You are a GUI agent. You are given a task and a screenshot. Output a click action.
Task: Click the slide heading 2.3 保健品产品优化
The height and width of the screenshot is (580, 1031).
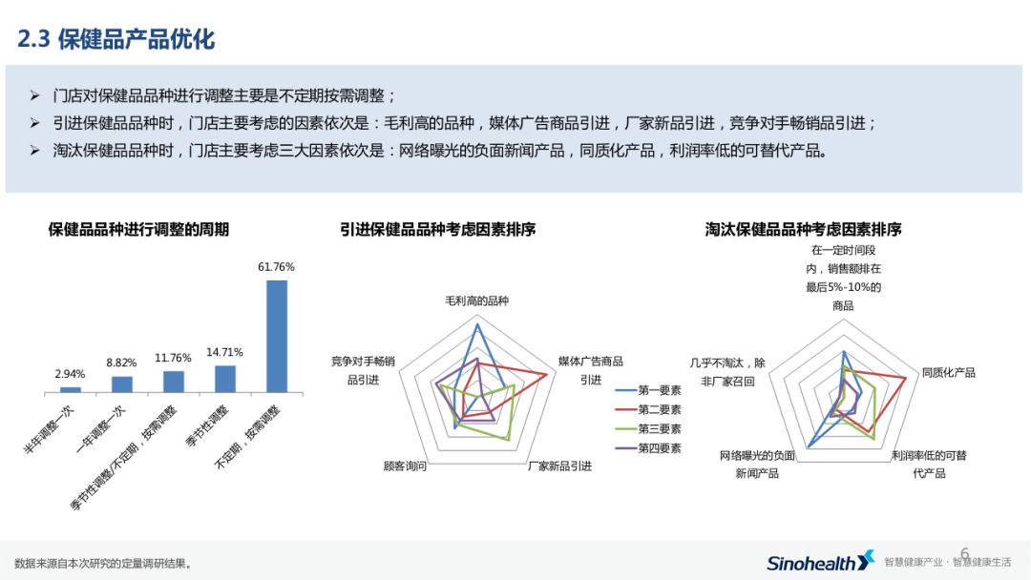pos(116,39)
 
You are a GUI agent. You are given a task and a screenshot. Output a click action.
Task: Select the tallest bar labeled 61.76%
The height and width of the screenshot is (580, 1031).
pos(276,336)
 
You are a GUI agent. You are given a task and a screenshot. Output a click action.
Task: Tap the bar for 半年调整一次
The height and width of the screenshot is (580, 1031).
pos(71,389)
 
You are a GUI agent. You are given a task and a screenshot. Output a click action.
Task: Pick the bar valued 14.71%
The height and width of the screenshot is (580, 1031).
pos(225,379)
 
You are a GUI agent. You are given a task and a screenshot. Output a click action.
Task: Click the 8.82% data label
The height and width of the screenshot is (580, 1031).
pos(121,362)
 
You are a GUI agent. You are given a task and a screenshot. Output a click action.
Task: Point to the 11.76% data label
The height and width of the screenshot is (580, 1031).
pos(173,358)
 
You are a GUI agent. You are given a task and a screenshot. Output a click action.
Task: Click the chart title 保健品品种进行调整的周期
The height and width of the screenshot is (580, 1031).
pos(138,229)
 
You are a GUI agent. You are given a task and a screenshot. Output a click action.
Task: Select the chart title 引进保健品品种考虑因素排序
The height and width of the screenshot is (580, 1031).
pos(438,229)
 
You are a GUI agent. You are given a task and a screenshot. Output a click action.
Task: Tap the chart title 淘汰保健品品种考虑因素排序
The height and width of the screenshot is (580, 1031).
pos(804,229)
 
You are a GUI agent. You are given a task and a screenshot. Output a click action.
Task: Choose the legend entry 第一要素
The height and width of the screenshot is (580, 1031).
pos(659,390)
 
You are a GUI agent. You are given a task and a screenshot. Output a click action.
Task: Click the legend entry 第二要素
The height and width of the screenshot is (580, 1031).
pos(659,409)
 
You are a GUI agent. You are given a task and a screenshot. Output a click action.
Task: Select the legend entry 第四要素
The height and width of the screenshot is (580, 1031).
pos(659,447)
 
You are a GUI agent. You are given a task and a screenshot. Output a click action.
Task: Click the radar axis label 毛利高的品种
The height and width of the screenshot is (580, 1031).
pos(476,300)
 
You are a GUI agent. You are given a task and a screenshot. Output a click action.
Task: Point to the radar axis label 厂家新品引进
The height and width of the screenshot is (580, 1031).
pos(559,466)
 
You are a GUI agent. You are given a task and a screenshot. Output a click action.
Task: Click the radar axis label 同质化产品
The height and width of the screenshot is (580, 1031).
pos(948,372)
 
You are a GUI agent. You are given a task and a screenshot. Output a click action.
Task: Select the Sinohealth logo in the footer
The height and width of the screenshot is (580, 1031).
pos(820,561)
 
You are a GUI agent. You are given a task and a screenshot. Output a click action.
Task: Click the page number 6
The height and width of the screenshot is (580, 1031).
pos(964,554)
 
